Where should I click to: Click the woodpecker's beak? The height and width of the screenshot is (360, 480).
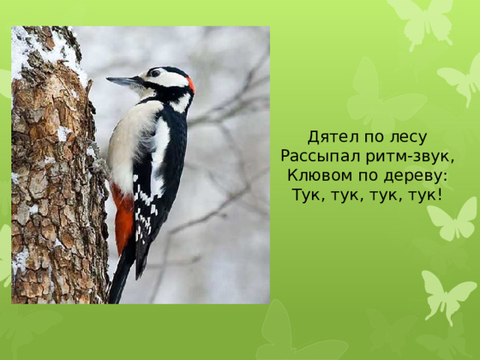coord(121,80)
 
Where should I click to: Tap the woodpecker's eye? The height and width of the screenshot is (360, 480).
coord(155,73)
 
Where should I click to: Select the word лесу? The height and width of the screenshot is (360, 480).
coord(407,137)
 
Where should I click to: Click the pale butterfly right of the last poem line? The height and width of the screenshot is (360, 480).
coord(453,217)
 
